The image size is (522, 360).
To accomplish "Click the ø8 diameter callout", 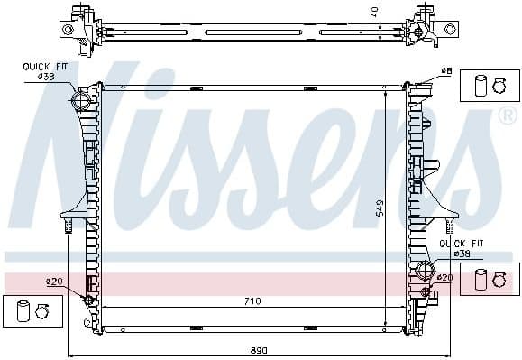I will [446, 71].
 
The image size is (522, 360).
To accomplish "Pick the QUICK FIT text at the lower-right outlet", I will [456, 244].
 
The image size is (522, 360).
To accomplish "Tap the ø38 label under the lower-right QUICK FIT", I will [462, 254].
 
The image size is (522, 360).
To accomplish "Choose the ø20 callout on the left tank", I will [53, 282].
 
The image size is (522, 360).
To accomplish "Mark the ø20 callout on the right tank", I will [444, 278].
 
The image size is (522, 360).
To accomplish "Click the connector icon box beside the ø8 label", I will [485, 85].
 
